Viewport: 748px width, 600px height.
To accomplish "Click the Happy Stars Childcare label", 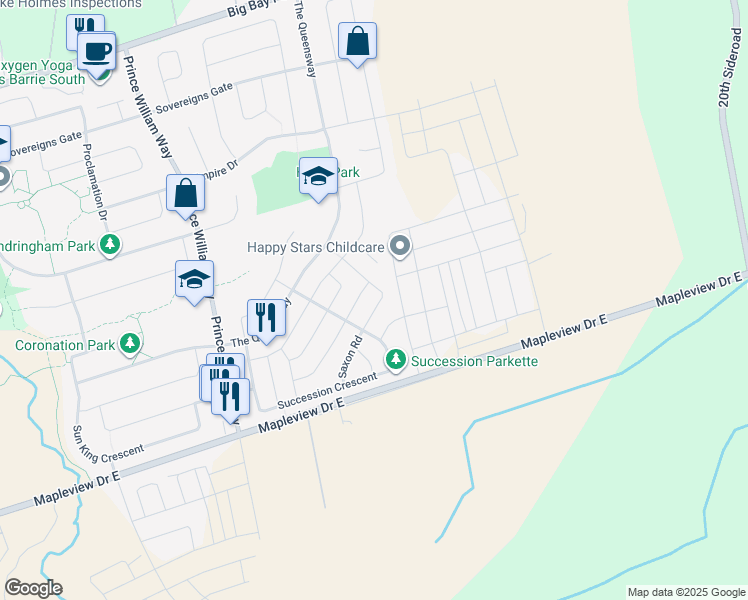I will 315,246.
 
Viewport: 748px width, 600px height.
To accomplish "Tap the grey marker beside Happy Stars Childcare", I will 401,245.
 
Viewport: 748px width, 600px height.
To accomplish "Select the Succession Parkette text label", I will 475,360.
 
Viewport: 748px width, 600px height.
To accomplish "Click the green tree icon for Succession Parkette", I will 397,358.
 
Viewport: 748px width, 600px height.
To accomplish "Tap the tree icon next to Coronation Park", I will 129,345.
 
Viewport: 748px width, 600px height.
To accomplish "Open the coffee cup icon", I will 97,50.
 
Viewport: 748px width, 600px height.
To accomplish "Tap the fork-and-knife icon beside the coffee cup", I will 85,28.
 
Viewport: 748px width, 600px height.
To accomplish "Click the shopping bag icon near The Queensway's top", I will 357,41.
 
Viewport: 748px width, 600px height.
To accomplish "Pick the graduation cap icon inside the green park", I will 318,177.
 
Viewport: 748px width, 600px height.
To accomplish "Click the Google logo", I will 33,588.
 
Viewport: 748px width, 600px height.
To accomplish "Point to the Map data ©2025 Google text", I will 685,592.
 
